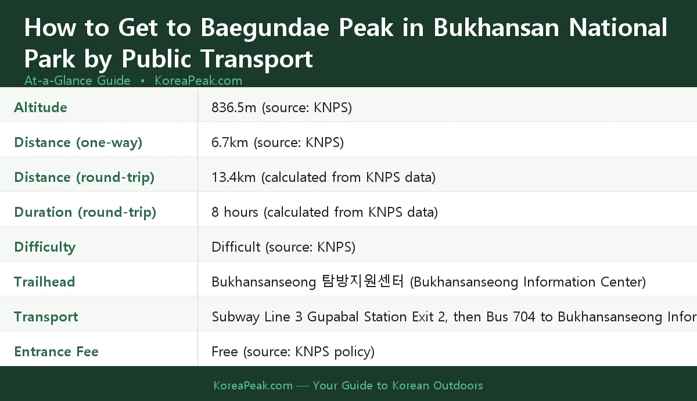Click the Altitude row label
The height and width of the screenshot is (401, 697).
pos(41,108)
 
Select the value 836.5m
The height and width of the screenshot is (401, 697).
pos(233,108)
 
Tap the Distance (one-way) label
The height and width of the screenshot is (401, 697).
pos(78,142)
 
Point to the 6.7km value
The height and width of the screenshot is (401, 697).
pos(229,142)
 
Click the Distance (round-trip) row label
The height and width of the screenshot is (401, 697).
pos(84,177)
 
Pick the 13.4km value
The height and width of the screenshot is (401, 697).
pos(233,177)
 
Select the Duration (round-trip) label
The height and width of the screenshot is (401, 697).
pos(85,212)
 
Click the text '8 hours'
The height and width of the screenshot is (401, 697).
pos(235,212)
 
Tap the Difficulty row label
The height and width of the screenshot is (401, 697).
pos(45,247)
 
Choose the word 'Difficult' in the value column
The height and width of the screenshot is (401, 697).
pos(236,247)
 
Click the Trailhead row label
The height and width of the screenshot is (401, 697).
pos(44,282)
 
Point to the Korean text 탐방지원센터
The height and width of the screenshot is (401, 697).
pos(362,282)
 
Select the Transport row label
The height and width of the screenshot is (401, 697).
pos(46,317)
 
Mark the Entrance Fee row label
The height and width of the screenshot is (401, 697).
pos(56,352)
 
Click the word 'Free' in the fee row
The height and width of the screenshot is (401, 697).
pos(225,352)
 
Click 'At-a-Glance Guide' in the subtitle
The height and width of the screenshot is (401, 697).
pos(77,81)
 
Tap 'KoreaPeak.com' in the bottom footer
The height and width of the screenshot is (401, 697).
pos(253,385)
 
